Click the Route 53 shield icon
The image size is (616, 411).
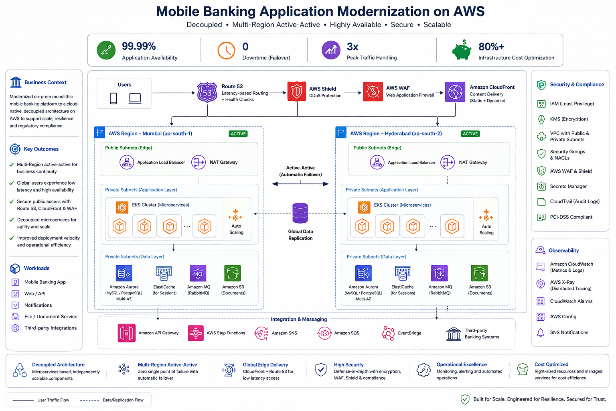(207, 92)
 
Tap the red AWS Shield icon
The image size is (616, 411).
(296, 91)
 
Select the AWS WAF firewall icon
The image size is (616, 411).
(373, 92)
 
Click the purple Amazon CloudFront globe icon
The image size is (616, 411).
(455, 92)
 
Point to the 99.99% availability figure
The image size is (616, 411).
(139, 46)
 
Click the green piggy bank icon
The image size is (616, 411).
(462, 50)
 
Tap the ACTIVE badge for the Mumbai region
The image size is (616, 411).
(238, 134)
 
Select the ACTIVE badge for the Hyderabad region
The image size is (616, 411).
(470, 134)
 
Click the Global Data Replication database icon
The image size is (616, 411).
(300, 213)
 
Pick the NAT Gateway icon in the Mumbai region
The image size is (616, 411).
(198, 162)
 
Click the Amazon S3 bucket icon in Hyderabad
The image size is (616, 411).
(479, 273)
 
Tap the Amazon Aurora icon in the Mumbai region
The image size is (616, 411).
(124, 273)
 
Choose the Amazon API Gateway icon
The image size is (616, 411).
(126, 333)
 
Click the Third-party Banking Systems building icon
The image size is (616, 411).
(454, 334)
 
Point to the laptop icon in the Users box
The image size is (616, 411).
(135, 98)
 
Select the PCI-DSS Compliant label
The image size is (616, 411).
(571, 217)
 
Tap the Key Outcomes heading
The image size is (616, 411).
(41, 149)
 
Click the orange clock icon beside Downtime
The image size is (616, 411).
(226, 51)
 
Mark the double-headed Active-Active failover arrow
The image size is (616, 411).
(300, 184)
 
